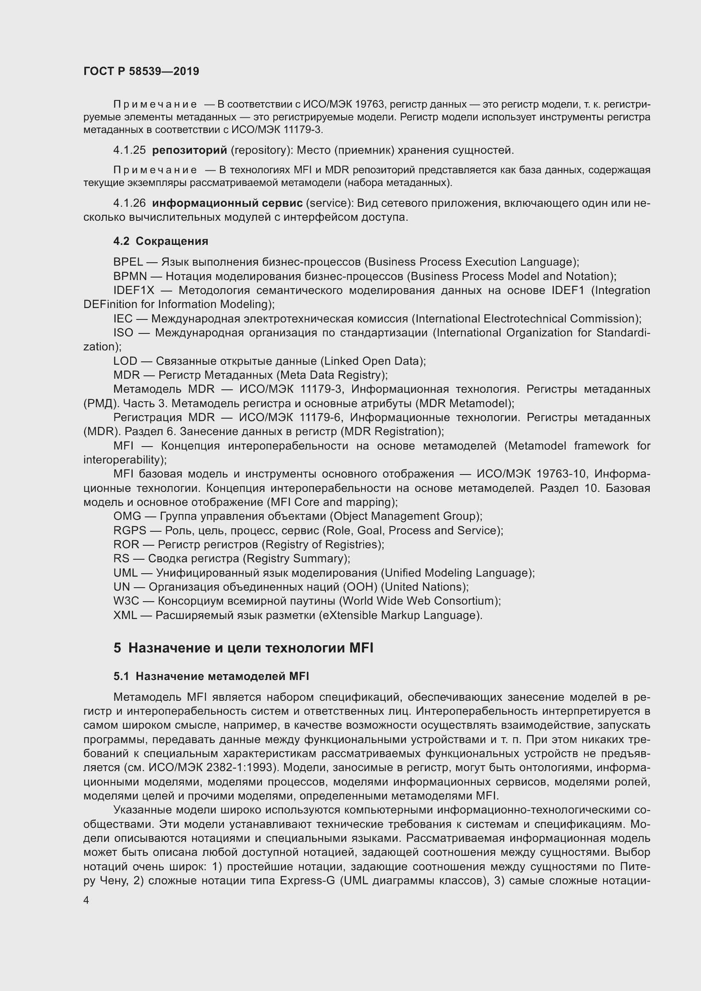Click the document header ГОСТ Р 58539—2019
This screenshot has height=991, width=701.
141,71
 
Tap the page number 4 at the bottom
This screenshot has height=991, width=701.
86,900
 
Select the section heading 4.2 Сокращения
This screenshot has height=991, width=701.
161,241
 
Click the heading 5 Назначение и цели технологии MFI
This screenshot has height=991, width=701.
243,648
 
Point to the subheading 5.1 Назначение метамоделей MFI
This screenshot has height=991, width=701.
211,676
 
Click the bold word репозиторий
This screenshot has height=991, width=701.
189,150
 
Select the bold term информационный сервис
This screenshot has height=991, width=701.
228,203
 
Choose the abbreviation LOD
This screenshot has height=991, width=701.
125,361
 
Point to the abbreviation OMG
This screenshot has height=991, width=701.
127,516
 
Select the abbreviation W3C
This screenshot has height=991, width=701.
125,601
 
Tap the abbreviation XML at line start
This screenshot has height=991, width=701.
125,615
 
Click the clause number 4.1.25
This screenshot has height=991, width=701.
130,150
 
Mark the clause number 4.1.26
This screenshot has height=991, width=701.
130,203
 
